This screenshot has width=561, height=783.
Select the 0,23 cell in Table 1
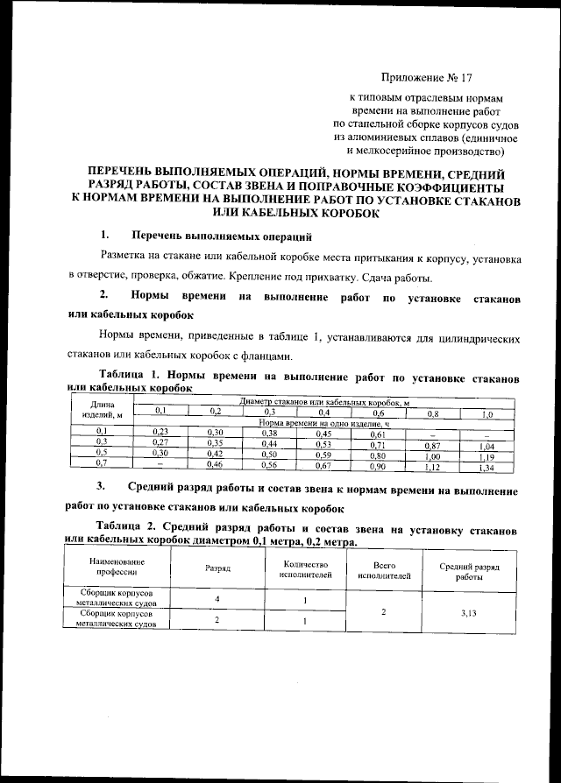tap(160, 433)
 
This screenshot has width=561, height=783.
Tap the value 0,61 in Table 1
tap(378, 434)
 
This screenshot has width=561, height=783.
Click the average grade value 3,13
tap(468, 614)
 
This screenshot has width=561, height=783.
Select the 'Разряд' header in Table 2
tap(217, 568)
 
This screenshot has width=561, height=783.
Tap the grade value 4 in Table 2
tap(217, 598)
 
